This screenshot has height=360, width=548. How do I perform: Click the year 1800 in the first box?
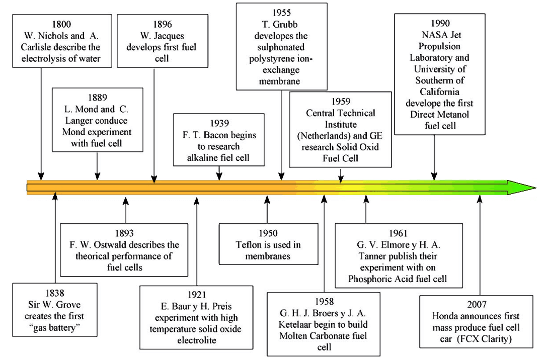point(61,24)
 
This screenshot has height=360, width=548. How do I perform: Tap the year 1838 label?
point(55,293)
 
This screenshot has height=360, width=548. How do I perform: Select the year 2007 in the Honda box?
point(477,305)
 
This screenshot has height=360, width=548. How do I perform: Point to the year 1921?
point(196,295)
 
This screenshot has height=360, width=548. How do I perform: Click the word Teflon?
point(249,244)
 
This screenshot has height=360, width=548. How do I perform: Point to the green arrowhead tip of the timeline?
point(536,188)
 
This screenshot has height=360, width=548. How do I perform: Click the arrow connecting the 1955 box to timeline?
point(281,135)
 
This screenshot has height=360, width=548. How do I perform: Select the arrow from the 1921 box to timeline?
point(196,241)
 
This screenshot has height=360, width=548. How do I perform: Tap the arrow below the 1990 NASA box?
point(434,157)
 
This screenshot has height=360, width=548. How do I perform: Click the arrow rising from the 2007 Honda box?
point(480,245)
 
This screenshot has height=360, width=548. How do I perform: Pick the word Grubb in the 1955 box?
point(285,24)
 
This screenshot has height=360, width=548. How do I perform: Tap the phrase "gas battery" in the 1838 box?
point(55,327)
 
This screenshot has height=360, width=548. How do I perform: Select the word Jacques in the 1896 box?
point(171,36)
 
